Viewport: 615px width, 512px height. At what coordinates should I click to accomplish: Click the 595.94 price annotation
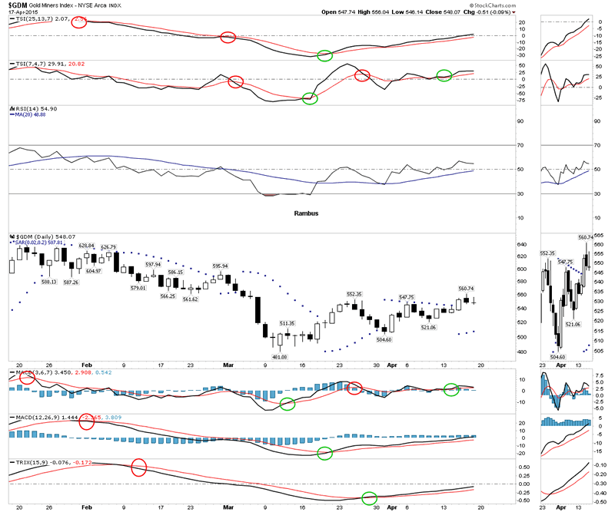pos(221,266)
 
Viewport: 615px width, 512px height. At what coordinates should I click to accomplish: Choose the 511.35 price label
pos(288,324)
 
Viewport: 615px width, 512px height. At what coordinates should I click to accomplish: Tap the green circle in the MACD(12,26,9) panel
pos(324,453)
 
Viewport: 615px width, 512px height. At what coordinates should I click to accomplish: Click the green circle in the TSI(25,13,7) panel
pos(324,55)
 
